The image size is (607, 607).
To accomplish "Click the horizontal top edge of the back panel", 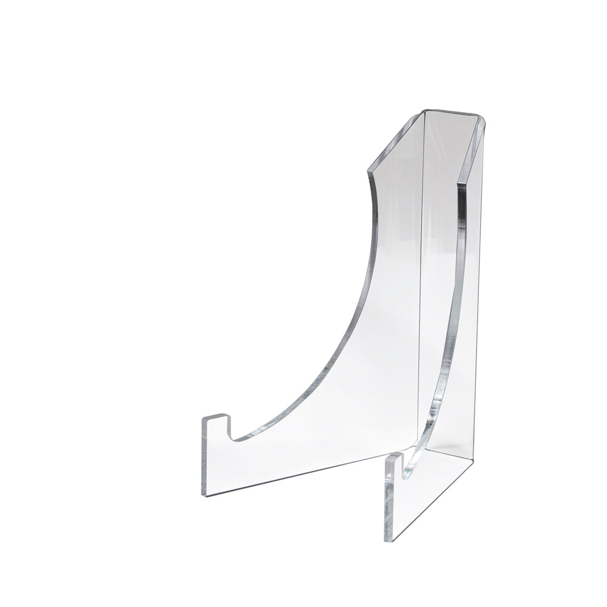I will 452,112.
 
